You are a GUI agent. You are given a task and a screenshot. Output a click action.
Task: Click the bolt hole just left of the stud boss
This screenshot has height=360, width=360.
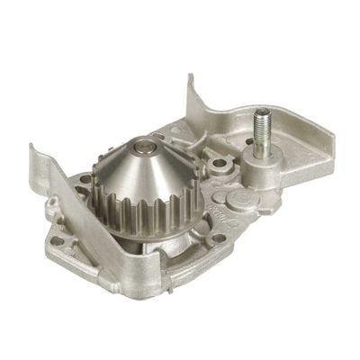pos(218,166)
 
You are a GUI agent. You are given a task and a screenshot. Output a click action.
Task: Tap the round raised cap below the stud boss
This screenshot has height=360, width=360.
pos(237,200)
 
